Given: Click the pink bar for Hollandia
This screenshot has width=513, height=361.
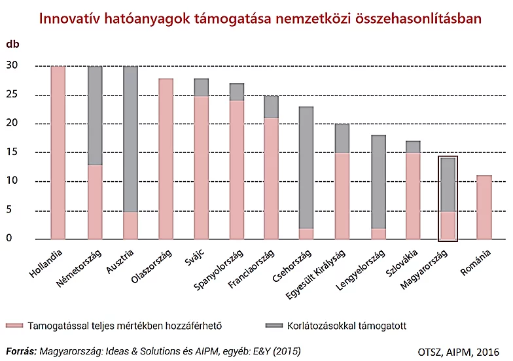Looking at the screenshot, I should [x=58, y=152].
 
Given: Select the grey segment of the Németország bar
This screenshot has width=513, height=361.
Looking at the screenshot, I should [x=95, y=116].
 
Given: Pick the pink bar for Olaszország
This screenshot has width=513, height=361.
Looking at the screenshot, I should [x=167, y=159].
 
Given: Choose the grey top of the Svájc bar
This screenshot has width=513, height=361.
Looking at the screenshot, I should [x=202, y=88].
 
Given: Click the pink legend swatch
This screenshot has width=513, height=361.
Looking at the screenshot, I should [x=14, y=325].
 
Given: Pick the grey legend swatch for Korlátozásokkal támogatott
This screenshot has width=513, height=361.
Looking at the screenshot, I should [x=274, y=325].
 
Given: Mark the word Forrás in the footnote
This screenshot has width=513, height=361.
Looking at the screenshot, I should [x=21, y=351].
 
